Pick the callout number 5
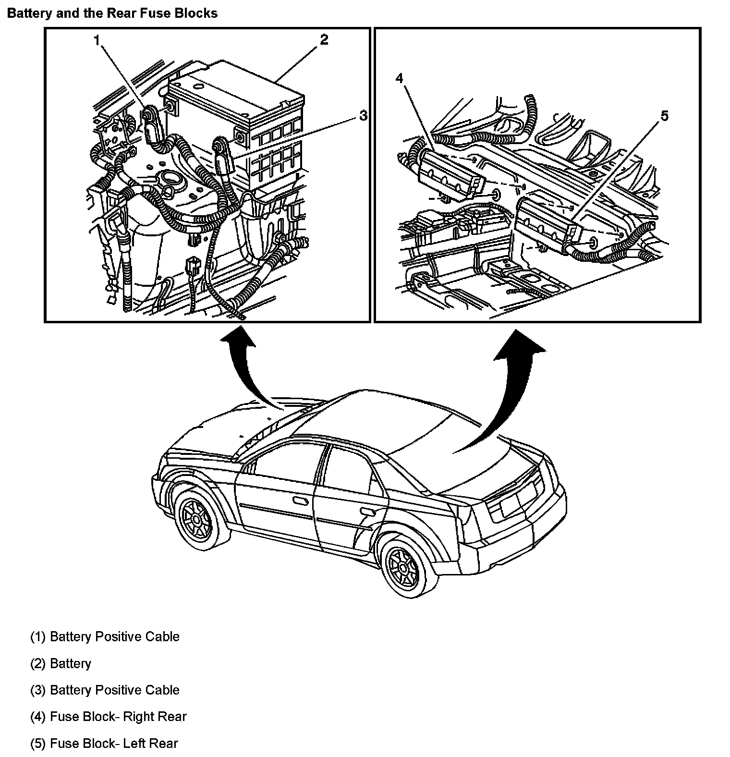[x=664, y=116]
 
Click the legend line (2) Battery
[x=61, y=663]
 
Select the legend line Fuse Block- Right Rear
[x=108, y=717]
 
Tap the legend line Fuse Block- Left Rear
[x=104, y=744]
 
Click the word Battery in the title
[x=30, y=13]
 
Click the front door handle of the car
[x=301, y=501]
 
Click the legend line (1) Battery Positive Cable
[x=105, y=637]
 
